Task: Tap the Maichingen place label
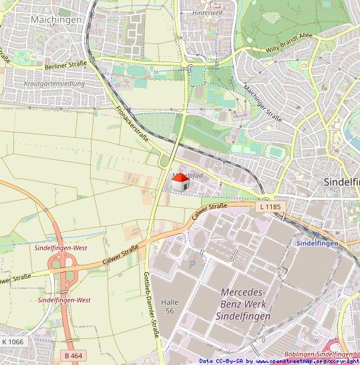coord(56,20)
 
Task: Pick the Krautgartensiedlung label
coord(53,84)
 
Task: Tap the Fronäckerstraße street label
coord(132,122)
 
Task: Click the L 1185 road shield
coord(268,207)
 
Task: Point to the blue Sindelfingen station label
coord(317,243)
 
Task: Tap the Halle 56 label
coord(170,307)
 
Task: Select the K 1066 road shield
coord(12,342)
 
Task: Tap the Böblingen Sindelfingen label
coord(318,354)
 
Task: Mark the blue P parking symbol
coord(193,265)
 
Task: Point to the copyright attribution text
coord(279,361)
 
